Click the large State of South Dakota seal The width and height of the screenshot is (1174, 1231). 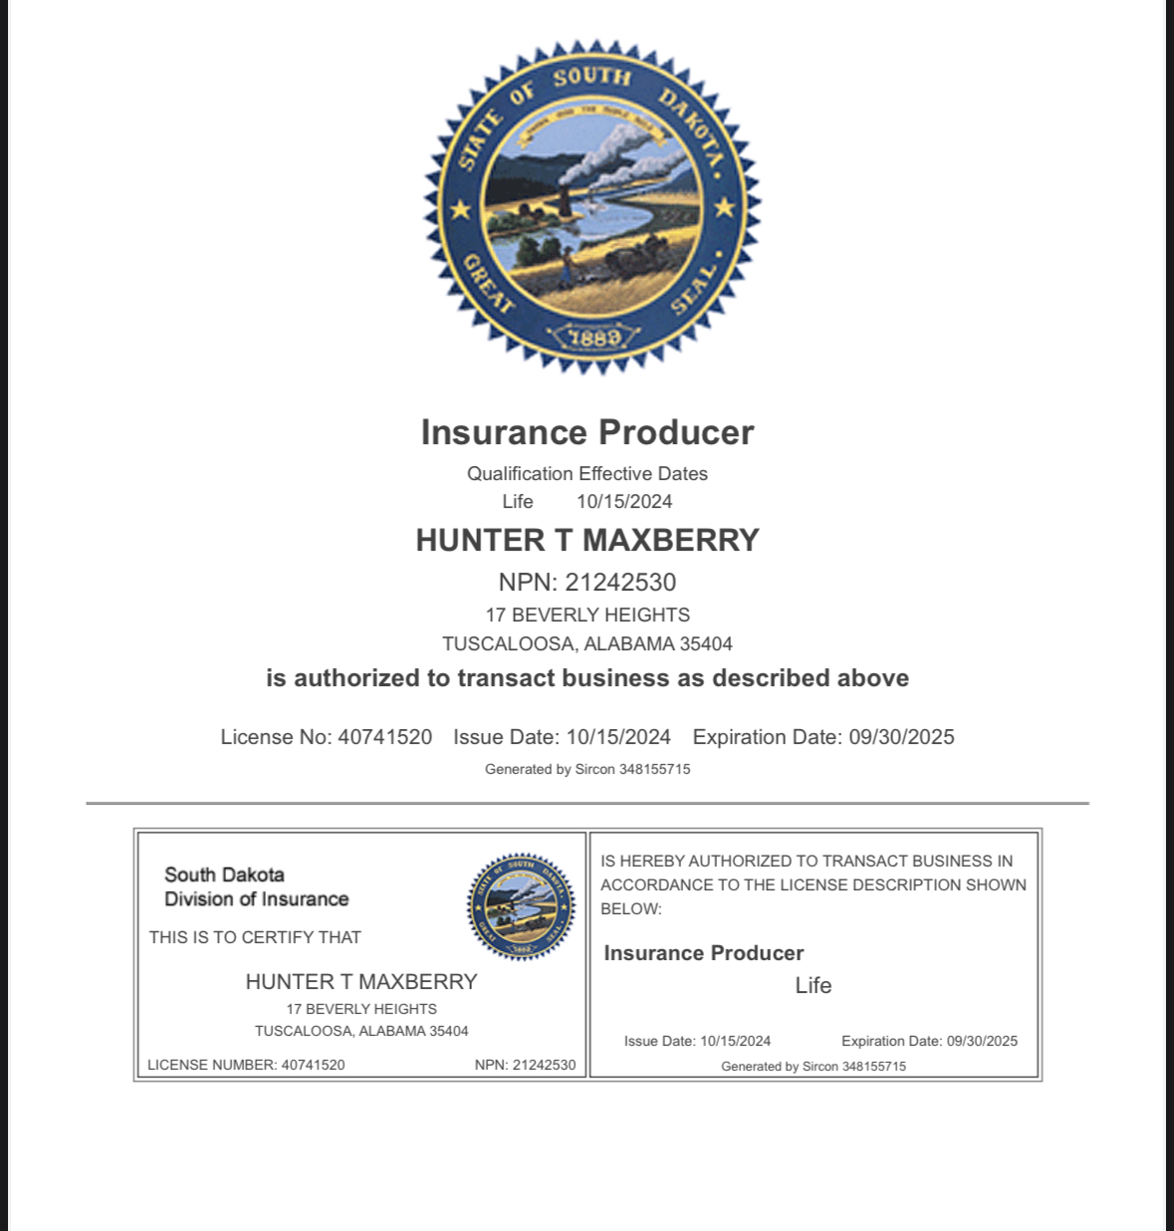(x=591, y=205)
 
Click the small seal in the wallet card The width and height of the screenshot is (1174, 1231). (x=521, y=906)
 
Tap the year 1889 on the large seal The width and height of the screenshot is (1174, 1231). (x=594, y=338)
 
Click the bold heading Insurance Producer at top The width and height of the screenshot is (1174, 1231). (x=587, y=432)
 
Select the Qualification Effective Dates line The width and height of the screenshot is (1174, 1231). (x=587, y=474)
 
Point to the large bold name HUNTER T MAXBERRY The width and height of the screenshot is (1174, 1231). (x=587, y=540)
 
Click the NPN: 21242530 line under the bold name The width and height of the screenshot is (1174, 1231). (x=587, y=583)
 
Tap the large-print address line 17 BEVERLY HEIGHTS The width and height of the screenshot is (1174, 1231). (x=587, y=615)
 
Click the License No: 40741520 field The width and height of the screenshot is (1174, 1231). (x=327, y=737)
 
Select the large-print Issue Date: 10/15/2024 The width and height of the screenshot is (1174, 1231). (x=562, y=737)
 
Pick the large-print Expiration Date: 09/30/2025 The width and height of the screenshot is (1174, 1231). (x=822, y=737)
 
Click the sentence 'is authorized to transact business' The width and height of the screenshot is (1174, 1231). (x=587, y=678)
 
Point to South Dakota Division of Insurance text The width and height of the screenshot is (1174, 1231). (x=256, y=886)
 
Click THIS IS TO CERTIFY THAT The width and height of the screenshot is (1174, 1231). (x=255, y=937)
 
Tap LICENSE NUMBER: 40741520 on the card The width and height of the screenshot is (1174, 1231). (x=246, y=1065)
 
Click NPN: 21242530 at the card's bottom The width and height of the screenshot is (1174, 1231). (x=525, y=1065)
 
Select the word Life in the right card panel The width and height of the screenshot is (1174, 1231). (x=813, y=985)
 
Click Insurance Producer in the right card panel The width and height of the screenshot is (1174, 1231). (x=703, y=953)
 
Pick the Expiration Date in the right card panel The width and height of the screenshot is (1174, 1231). (x=929, y=1041)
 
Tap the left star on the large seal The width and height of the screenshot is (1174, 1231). (x=460, y=210)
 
